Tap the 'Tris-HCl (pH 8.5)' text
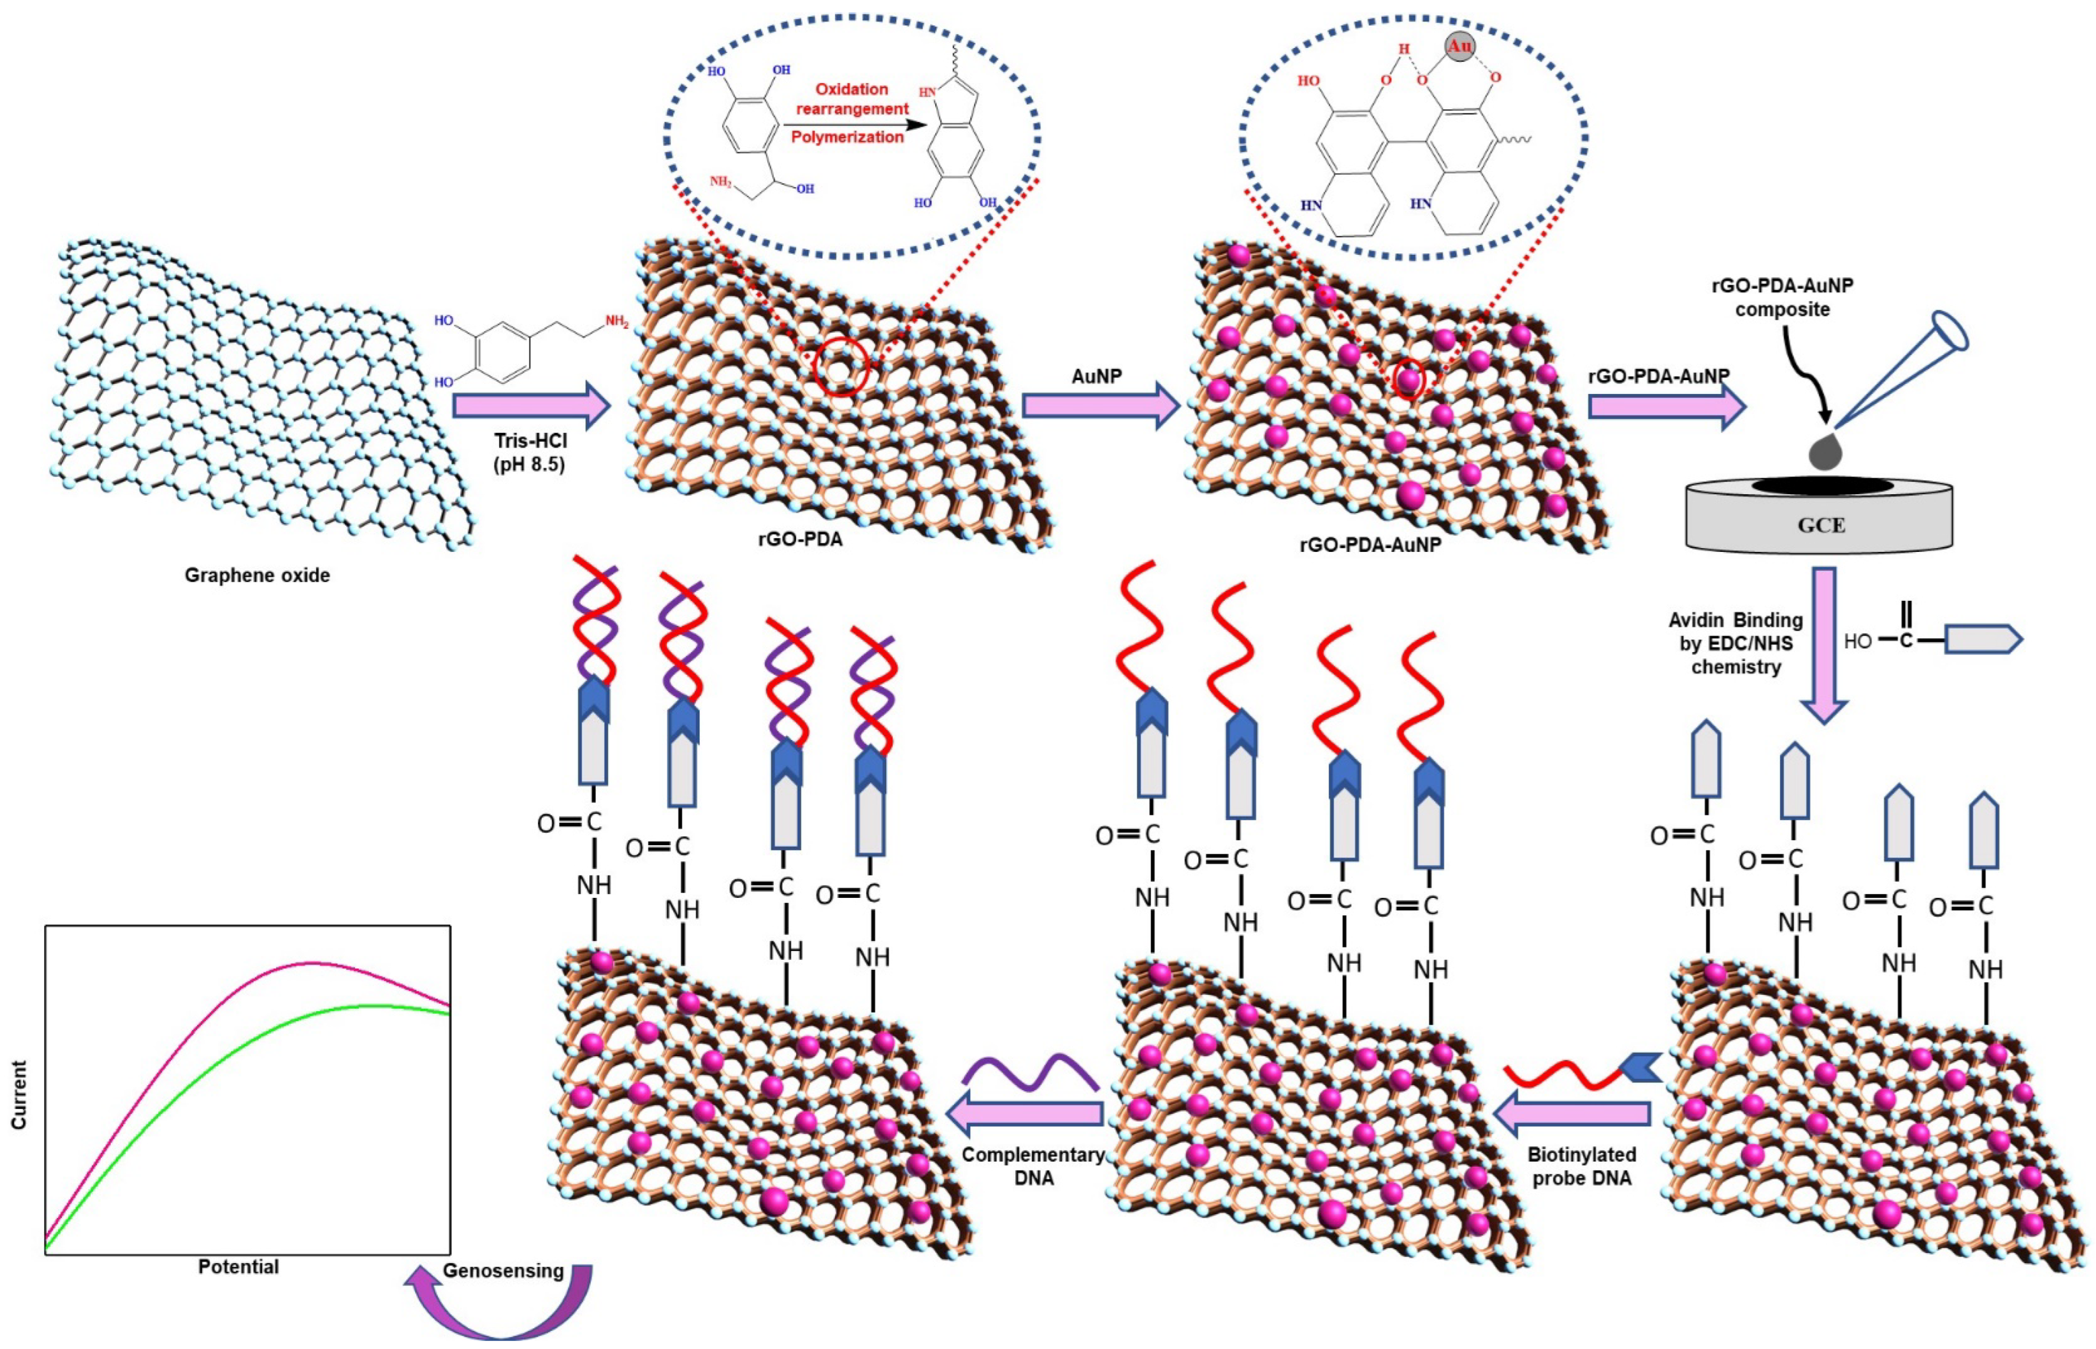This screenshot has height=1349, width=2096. [530, 452]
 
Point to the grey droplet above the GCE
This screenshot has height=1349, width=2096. [1825, 452]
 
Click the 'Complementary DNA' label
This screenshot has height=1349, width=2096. [1033, 1166]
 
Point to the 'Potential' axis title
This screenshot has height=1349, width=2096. [238, 1267]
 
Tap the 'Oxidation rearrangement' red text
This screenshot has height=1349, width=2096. [852, 99]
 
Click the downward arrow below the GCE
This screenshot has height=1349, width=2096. [1824, 644]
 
